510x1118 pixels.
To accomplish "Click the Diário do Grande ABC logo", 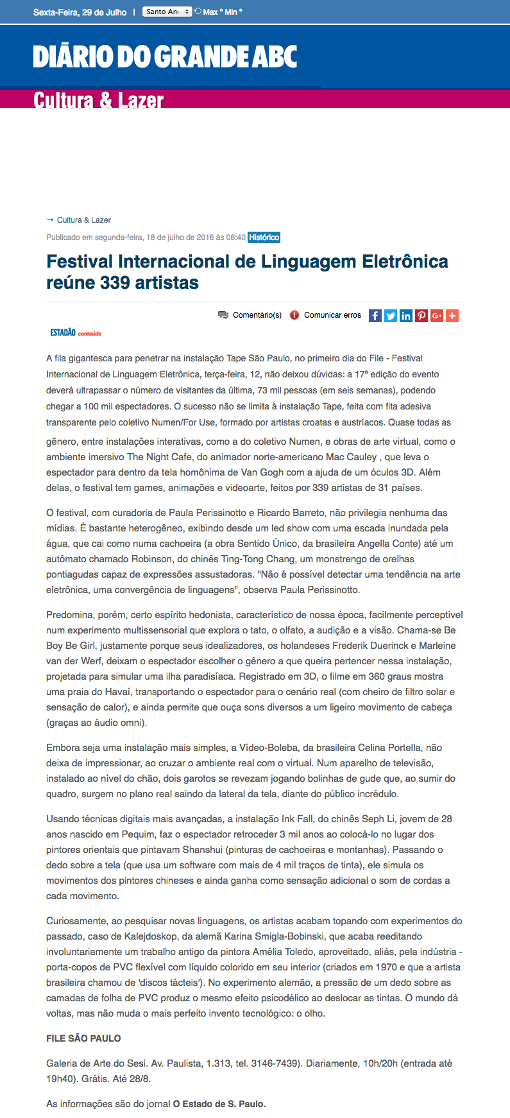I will click(x=165, y=57).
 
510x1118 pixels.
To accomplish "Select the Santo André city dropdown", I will click(x=167, y=12).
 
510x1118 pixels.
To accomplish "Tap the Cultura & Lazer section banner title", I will click(x=98, y=100).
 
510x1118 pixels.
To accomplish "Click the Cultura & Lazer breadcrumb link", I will click(x=83, y=219).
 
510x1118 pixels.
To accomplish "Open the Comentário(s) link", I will click(x=257, y=315).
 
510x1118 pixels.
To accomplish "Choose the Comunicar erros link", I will click(x=332, y=315).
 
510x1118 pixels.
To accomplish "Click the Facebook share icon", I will click(x=375, y=315).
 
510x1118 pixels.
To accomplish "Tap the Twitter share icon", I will click(x=391, y=315).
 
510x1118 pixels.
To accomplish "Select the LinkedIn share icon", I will click(x=406, y=315).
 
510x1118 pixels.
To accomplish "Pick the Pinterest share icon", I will click(x=421, y=315).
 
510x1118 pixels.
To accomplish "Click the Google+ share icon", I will click(x=437, y=315).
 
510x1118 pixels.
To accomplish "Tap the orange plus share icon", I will click(x=452, y=315).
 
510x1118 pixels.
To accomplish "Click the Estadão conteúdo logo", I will click(x=76, y=332).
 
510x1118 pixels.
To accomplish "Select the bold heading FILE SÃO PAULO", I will click(x=83, y=1038).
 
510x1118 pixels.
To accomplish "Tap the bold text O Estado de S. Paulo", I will click(x=219, y=1104).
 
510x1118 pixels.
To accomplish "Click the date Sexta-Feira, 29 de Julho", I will click(x=80, y=12).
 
